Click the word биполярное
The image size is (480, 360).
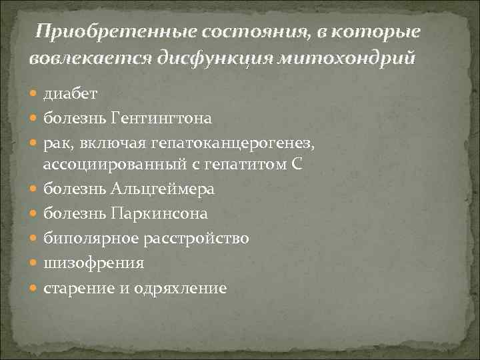pos(85,238)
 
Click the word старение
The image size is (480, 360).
pos(74,287)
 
